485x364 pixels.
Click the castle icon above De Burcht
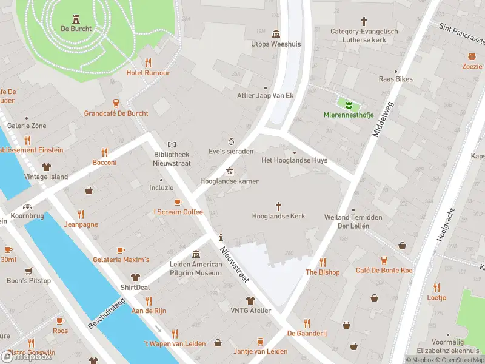coord(76,18)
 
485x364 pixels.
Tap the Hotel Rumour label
coord(148,73)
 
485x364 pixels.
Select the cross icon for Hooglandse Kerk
coord(279,206)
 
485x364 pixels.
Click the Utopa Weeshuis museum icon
coord(276,33)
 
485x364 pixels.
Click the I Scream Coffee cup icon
coord(178,202)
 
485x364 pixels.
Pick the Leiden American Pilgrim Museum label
coord(195,269)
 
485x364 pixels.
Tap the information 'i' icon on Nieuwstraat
coord(221,237)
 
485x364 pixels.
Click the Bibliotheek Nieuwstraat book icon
coord(172,145)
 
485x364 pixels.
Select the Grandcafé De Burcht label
coord(116,113)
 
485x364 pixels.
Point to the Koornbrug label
coord(28,215)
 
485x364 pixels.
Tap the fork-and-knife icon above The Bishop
coord(323,262)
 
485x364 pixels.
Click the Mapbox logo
coord(27,356)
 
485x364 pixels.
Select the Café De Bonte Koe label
coord(384,270)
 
